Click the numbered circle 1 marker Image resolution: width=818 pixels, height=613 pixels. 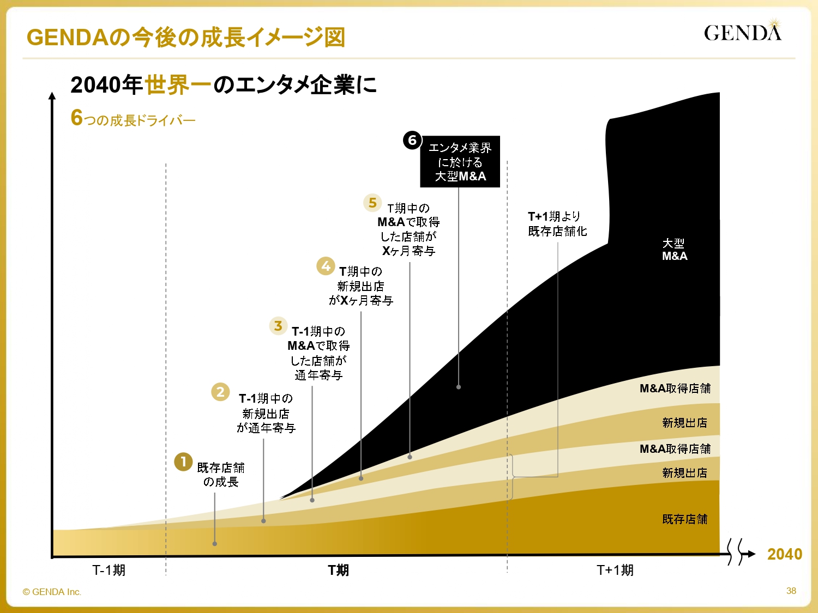pos(183,462)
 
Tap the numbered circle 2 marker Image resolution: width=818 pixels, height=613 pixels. pos(220,392)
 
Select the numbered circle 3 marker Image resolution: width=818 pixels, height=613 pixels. pos(278,326)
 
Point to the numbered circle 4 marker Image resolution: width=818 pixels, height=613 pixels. pos(326,266)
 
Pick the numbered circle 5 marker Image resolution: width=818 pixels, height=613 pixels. pos(372,203)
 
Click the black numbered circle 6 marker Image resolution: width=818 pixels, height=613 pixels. pos(412,140)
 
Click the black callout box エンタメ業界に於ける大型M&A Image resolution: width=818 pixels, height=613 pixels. pos(460,162)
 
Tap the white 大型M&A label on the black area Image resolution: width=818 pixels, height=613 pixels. pos(674,250)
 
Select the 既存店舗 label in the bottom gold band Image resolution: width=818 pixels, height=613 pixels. pos(684,519)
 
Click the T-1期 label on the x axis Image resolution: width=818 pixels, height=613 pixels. pos(109,570)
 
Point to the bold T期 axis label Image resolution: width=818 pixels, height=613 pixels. pos(338,570)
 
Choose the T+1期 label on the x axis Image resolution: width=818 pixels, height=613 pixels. pos(615,570)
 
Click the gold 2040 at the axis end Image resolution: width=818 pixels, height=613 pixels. pos(784,554)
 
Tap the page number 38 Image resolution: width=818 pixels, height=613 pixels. pos(791,591)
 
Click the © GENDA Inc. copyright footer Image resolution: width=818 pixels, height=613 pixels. pos(52,592)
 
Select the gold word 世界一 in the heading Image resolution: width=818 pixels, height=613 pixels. pos(178,85)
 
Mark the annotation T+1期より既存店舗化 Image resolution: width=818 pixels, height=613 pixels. pos(557,224)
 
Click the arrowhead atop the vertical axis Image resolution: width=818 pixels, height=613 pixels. pos(52,96)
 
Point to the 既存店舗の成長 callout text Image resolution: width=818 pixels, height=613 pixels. pos(220,475)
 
